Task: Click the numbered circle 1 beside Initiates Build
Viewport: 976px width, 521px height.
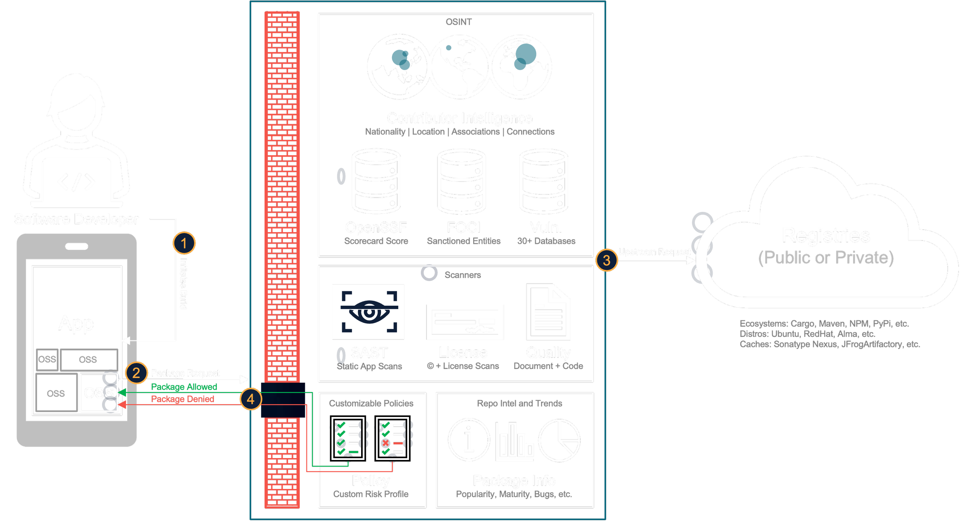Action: pos(184,243)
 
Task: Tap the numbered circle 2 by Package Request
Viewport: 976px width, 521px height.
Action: pos(136,372)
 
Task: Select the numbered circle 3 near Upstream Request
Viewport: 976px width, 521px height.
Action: pos(606,260)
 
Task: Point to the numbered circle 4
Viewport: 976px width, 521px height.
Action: pos(251,399)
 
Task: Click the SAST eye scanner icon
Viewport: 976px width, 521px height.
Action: pos(368,312)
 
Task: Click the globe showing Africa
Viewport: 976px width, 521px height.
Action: pos(521,66)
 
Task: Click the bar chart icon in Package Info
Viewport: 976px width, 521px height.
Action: pos(515,441)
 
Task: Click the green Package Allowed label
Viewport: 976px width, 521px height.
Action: pos(184,387)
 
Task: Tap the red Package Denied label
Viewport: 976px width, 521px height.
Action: pos(183,399)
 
